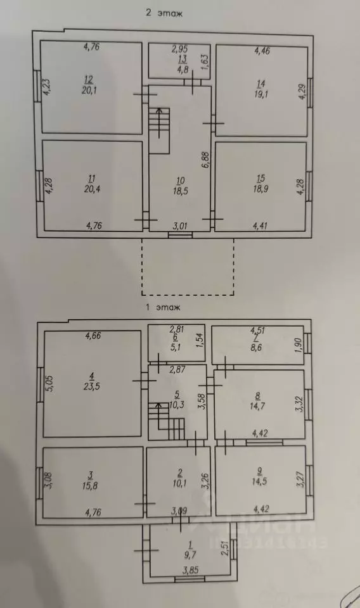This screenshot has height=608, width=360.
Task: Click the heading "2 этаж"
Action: (x=164, y=13)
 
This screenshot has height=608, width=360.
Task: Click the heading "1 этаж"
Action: (x=163, y=308)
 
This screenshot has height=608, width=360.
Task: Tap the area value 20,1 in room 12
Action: (x=89, y=91)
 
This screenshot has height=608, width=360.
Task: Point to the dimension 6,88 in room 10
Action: (x=205, y=160)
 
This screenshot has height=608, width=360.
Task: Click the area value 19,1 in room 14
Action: (x=262, y=94)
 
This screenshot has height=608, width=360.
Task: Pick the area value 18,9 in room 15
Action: (x=260, y=189)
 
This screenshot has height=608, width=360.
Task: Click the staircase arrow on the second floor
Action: (x=158, y=122)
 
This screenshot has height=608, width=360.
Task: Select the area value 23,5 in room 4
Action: (x=91, y=386)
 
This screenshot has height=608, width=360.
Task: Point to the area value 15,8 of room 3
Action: (x=91, y=485)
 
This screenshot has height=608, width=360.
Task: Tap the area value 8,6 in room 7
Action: (x=256, y=348)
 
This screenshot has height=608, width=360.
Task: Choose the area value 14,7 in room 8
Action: (x=257, y=406)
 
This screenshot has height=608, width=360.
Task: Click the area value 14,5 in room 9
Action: (x=259, y=481)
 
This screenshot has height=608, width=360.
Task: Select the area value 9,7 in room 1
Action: (x=190, y=555)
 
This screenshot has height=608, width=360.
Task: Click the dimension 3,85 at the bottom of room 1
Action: (x=191, y=571)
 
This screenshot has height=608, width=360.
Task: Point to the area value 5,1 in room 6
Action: (x=176, y=348)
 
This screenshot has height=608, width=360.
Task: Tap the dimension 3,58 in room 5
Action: (x=202, y=402)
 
